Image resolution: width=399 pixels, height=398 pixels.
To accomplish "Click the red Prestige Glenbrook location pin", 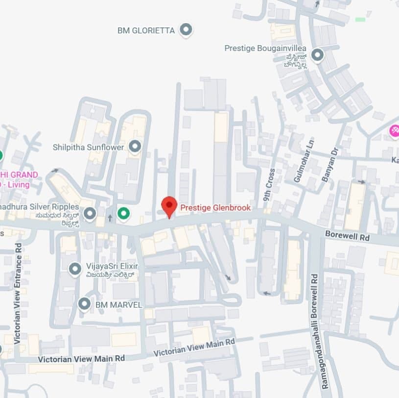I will [x=169, y=205].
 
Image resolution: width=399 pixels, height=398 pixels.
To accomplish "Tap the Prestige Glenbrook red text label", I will [x=215, y=208].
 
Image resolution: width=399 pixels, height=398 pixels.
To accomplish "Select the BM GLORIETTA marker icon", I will [x=186, y=30].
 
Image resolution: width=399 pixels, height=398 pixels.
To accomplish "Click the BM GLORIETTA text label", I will [x=146, y=30].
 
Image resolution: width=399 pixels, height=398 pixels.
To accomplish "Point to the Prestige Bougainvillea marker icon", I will [x=317, y=55].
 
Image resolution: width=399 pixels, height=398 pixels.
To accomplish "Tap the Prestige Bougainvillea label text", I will [x=265, y=49].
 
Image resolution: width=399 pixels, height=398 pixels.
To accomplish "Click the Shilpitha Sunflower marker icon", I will [x=135, y=146].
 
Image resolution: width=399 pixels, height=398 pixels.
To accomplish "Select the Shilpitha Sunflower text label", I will [x=88, y=147].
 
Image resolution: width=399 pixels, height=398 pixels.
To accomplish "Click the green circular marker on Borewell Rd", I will [x=124, y=213].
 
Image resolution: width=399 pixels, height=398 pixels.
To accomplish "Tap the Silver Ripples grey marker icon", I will [x=90, y=213].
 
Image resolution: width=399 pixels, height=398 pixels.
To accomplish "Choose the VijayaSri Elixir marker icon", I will [x=74, y=269].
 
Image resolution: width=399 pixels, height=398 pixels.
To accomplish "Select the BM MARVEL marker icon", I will [x=84, y=304].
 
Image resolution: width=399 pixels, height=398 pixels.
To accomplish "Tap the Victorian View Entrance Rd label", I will [x=18, y=293].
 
